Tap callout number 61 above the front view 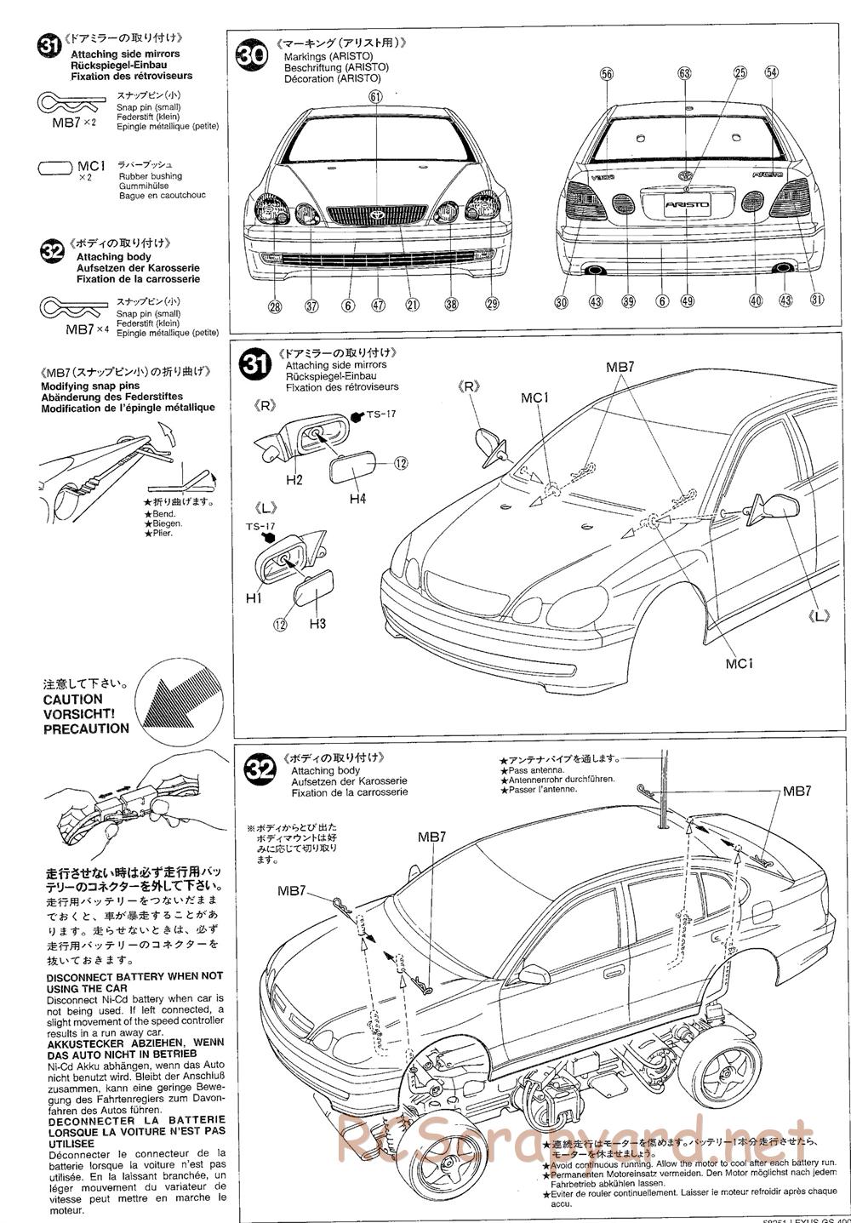[x=375, y=97]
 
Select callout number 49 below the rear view [x=688, y=300]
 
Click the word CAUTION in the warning [x=73, y=699]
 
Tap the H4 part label [x=357, y=499]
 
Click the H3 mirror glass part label [x=317, y=624]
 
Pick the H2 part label [x=294, y=480]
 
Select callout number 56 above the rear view [x=606, y=74]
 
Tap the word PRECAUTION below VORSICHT [x=86, y=729]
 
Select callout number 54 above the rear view [x=771, y=73]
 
